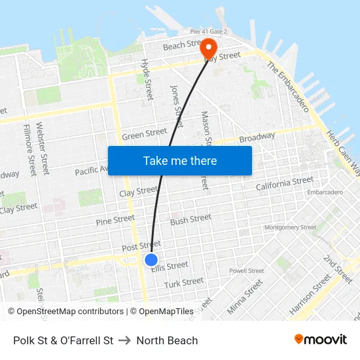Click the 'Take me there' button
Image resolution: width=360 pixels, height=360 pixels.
point(179,160)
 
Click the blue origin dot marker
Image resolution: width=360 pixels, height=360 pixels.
point(151,260)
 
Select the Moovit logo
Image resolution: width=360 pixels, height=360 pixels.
point(321,339)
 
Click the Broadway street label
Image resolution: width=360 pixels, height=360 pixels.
point(257,138)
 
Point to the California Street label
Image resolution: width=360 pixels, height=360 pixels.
point(285,184)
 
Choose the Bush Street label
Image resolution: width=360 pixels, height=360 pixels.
point(190,219)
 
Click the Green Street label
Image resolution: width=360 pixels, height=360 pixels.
point(144,134)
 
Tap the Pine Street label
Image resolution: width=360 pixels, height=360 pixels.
point(115,220)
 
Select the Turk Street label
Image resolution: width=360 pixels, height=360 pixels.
point(184,282)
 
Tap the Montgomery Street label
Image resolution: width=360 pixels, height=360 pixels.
point(290,228)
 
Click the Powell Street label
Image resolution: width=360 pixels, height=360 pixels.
point(247,270)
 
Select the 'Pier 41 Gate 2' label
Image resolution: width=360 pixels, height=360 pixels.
point(209,31)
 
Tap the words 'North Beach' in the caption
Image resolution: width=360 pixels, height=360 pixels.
point(167,340)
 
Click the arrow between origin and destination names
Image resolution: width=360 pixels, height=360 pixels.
point(125,340)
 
